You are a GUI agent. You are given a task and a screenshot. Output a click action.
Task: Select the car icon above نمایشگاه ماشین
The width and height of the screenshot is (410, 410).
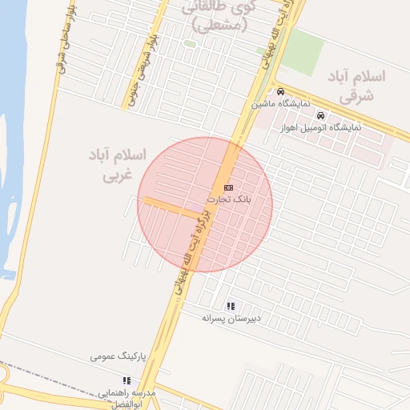tap(279, 91)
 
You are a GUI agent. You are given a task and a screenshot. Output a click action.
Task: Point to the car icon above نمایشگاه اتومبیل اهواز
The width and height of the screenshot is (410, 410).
tap(320, 115)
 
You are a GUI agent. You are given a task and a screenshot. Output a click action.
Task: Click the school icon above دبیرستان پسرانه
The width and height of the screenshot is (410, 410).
tap(231, 306)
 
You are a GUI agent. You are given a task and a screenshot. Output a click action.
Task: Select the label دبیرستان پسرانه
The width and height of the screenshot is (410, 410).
tap(231, 319)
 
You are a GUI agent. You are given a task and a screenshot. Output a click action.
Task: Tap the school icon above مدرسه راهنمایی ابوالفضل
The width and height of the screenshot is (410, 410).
tap(126, 380)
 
